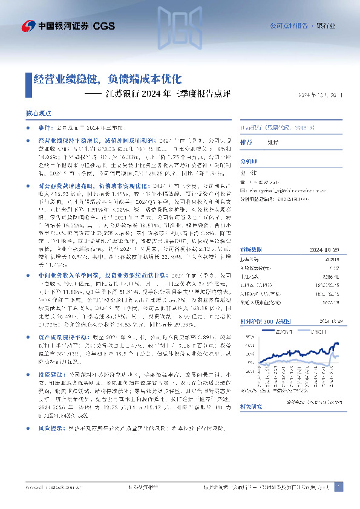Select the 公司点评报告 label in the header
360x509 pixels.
click(287, 26)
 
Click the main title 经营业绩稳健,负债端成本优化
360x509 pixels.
click(108, 79)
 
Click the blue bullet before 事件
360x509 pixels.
click(28, 129)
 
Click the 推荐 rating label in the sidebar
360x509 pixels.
click(246, 142)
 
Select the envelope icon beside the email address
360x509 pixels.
click(243, 189)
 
